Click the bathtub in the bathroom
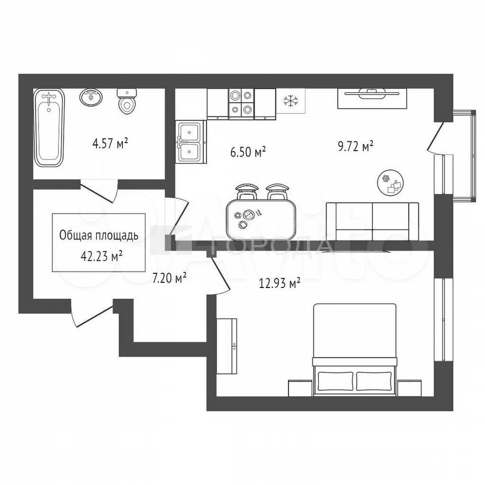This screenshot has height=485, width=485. click(49, 128)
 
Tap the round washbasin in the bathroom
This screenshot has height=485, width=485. click(90, 98)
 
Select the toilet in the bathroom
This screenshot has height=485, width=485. click(126, 101)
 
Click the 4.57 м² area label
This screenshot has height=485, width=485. click(110, 143)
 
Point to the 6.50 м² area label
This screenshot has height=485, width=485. click(249, 152)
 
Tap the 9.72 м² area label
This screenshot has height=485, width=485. click(355, 146)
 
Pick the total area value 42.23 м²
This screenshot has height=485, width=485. click(102, 256)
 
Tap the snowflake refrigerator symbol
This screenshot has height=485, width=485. click(291, 101)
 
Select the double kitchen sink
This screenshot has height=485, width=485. click(191, 142)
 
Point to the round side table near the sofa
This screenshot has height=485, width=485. click(391, 182)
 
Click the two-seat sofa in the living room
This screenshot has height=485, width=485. click(373, 221)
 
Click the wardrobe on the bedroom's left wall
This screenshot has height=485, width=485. click(227, 346)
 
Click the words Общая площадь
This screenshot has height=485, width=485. click(99, 236)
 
